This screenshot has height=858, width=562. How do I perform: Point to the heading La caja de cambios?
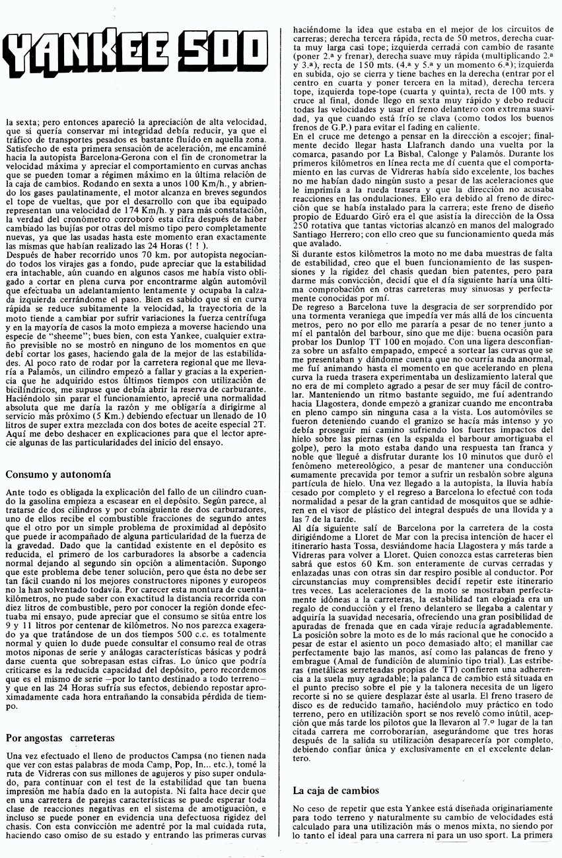point(335,790)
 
